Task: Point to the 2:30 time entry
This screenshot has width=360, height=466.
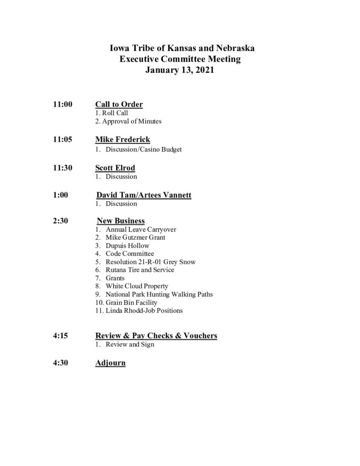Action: pyautogui.click(x=61, y=221)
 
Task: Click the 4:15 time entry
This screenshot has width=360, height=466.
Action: pyautogui.click(x=61, y=336)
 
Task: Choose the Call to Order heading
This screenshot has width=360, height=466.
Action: pyautogui.click(x=119, y=105)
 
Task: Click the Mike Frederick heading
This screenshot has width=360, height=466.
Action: pyautogui.click(x=122, y=139)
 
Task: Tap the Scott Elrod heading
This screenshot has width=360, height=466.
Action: pyautogui.click(x=115, y=167)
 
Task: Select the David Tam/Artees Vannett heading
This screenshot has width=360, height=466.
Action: pyautogui.click(x=144, y=195)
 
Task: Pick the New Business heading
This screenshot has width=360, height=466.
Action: pyautogui.click(x=121, y=221)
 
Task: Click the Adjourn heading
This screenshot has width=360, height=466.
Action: pyautogui.click(x=110, y=363)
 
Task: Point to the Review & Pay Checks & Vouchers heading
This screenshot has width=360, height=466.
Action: pyautogui.click(x=156, y=336)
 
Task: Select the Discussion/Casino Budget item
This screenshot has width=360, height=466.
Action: pyautogui.click(x=138, y=149)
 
